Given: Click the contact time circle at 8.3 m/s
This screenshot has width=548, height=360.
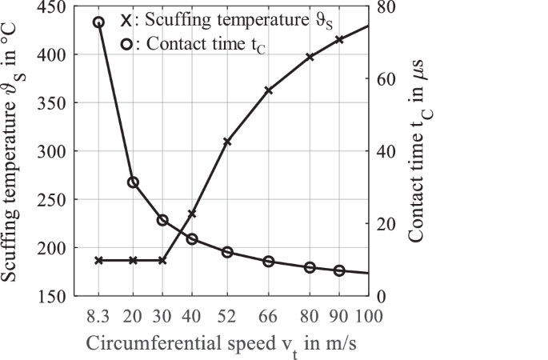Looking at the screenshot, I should click(x=98, y=22).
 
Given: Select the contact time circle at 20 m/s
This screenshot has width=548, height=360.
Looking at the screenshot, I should click(x=134, y=182).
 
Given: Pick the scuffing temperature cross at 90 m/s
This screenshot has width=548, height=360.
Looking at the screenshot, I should click(x=339, y=39).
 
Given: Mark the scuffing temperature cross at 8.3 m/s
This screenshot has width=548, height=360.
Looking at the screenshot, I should click(x=98, y=260).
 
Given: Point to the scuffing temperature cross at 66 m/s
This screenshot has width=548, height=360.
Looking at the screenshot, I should click(x=269, y=90).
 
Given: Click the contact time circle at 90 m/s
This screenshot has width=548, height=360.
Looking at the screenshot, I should click(x=339, y=271).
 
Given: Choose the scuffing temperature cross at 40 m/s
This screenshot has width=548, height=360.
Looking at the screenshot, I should click(x=192, y=214).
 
